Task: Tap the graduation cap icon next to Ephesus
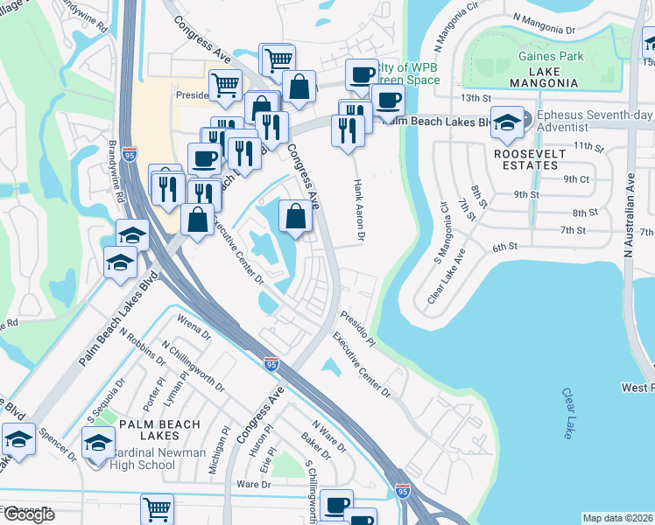[x=507, y=122]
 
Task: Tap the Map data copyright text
[x=617, y=518]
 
